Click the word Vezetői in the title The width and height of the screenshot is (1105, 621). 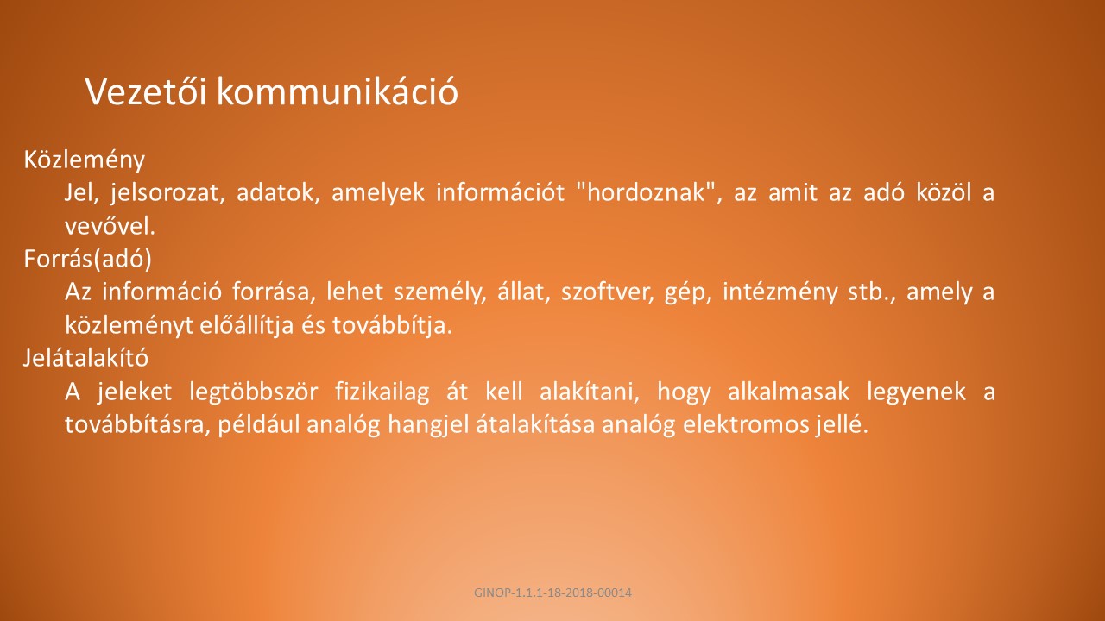pyautogui.click(x=146, y=91)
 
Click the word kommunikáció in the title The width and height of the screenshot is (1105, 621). pyautogui.click(x=338, y=91)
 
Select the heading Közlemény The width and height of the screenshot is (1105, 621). pyautogui.click(x=85, y=160)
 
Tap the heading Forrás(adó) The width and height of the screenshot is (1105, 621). pyautogui.click(x=88, y=259)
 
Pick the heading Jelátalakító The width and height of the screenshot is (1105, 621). pyautogui.click(x=85, y=357)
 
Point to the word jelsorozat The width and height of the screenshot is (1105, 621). pyautogui.click(x=167, y=192)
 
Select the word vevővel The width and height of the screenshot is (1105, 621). pyautogui.click(x=110, y=226)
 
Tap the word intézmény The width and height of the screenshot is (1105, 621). pyautogui.click(x=780, y=292)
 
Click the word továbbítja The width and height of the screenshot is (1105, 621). pyautogui.click(x=392, y=325)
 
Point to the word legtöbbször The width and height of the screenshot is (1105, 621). pyautogui.click(x=254, y=392)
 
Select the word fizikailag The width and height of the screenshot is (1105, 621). pyautogui.click(x=382, y=392)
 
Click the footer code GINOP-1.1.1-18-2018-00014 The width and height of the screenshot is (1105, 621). pyautogui.click(x=552, y=593)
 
